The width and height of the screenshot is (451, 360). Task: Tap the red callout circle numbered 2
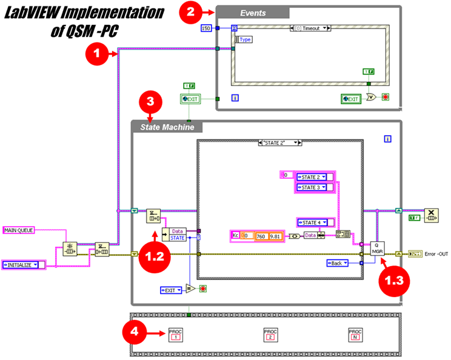point(190,12)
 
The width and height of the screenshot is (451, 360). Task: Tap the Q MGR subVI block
point(378,248)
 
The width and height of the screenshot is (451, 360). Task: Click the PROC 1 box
point(176,334)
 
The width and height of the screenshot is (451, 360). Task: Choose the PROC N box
point(356,334)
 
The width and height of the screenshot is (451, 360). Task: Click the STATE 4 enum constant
point(315,222)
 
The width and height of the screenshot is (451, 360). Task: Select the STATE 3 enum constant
point(313,187)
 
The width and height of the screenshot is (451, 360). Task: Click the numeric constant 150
point(206,28)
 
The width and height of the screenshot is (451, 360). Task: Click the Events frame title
point(253,13)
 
